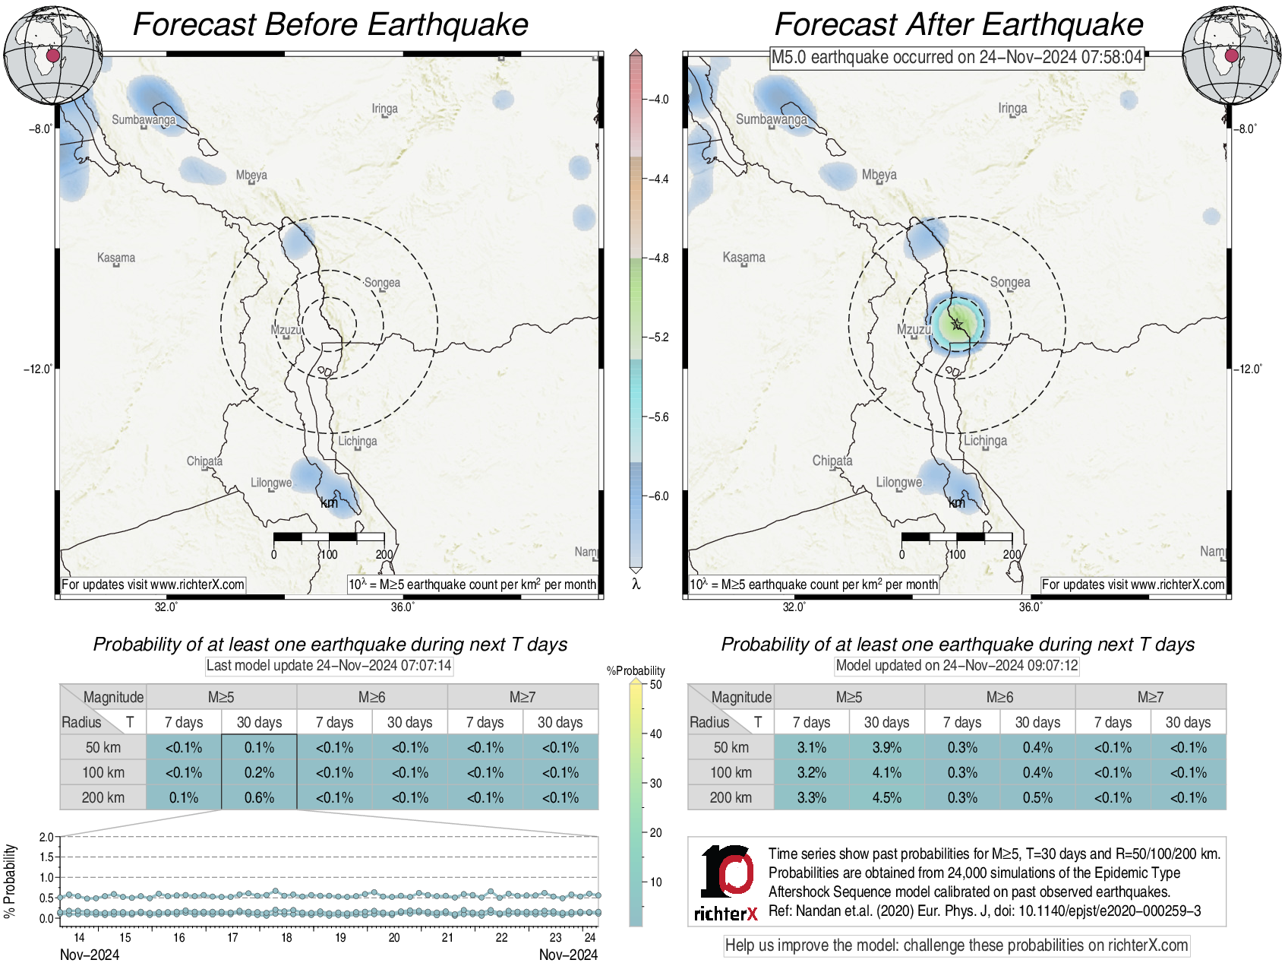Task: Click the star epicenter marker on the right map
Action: (x=957, y=325)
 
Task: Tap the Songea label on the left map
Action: (x=382, y=283)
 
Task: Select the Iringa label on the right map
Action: (x=1012, y=109)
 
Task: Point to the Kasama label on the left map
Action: (x=116, y=258)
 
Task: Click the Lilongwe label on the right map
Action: (x=899, y=483)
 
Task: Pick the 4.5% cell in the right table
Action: (x=886, y=798)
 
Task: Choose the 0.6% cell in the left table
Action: (x=259, y=798)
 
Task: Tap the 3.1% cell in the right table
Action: (x=811, y=748)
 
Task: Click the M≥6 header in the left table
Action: (x=371, y=697)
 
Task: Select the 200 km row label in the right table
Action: (x=731, y=798)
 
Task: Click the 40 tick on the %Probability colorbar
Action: (x=655, y=734)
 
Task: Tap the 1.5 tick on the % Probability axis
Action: (x=46, y=857)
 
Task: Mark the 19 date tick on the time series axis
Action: (x=340, y=938)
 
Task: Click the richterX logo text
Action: (x=726, y=914)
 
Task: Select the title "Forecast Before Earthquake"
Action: (x=330, y=24)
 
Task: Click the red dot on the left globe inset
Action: (x=52, y=55)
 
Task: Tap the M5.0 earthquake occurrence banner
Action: (x=957, y=58)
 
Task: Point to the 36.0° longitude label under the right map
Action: (x=1031, y=607)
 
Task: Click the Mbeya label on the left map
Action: (x=251, y=176)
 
